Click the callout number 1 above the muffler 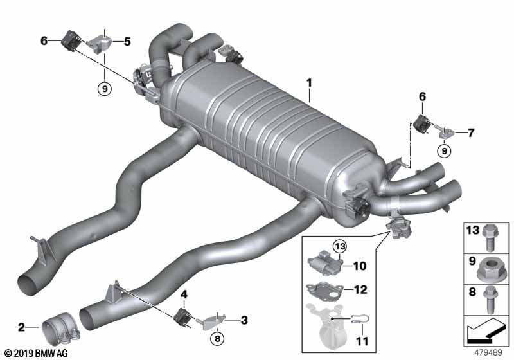tap(309, 83)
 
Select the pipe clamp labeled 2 tap(61, 329)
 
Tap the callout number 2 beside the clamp tap(21, 327)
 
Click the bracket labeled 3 tap(211, 321)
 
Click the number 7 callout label tap(471, 133)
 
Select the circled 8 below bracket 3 tap(217, 339)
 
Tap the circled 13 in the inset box tap(340, 246)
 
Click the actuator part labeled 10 tap(324, 263)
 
